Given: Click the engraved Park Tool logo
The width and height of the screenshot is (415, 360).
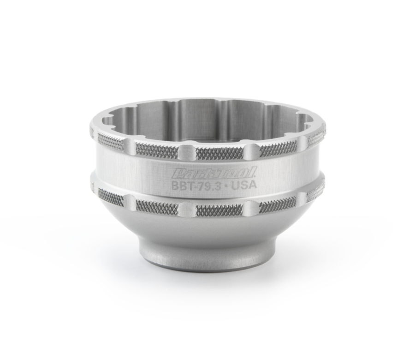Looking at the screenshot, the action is tap(213, 173).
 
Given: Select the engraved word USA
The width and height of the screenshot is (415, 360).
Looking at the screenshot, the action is tap(243, 185).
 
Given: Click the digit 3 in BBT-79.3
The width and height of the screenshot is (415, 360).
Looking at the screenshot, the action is tap(218, 186).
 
